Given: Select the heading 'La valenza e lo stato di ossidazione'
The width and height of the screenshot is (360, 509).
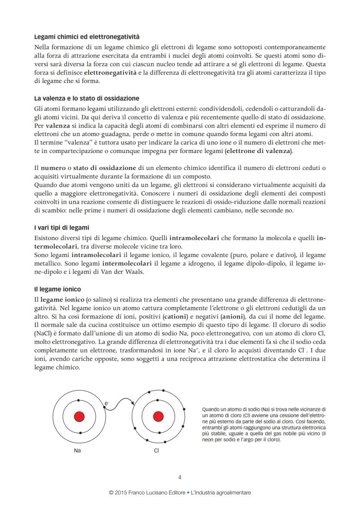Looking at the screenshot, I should click(x=87, y=98).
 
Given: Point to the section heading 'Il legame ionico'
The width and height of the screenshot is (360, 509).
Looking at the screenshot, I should click(x=57, y=289).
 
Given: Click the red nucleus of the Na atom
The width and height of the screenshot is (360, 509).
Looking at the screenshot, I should click(x=79, y=416).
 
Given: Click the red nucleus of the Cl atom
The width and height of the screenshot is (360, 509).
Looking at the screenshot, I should click(x=158, y=416).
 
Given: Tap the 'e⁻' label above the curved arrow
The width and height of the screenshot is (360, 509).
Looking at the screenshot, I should click(x=107, y=404).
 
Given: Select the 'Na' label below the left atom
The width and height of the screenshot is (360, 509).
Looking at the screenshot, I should click(x=77, y=450).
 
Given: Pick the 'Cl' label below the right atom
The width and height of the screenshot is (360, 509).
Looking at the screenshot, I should click(x=157, y=450).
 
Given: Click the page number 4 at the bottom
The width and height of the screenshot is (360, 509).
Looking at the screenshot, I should click(x=180, y=477).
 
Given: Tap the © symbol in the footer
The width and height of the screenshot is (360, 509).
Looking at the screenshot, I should click(x=112, y=493).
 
